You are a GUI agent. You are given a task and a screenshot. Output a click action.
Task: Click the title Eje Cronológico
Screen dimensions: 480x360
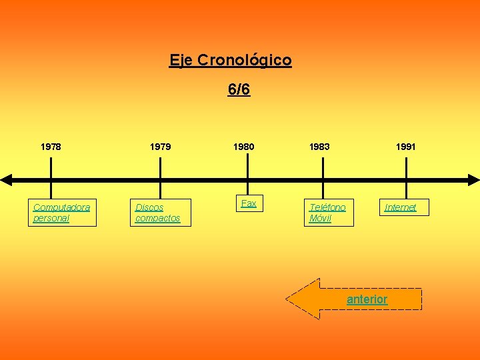[230, 60]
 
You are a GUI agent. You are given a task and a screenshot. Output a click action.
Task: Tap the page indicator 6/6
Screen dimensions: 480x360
[239, 89]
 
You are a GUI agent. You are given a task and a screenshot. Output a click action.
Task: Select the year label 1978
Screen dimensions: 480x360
[51, 146]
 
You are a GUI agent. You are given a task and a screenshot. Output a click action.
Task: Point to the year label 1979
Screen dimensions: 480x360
[159, 146]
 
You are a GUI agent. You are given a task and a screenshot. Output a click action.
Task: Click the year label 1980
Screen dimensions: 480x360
[243, 146]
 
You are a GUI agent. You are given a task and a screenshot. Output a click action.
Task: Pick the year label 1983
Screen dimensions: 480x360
[319, 146]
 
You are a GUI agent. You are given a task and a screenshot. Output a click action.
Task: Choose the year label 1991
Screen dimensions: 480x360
[405, 146]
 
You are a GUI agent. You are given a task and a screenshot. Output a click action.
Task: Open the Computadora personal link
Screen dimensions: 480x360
[61, 213]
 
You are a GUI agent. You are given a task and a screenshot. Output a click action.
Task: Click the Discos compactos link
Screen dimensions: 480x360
[158, 213]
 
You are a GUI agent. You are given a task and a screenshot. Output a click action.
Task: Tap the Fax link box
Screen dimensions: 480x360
[249, 203]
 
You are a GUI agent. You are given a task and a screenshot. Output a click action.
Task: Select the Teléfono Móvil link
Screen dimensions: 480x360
[327, 213]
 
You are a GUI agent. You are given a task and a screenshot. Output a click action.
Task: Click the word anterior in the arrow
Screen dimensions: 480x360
[367, 299]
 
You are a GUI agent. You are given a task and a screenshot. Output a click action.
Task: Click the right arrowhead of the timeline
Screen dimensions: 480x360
[473, 179]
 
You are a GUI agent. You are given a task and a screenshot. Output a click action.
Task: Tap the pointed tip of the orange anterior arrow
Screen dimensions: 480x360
[289, 299]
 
